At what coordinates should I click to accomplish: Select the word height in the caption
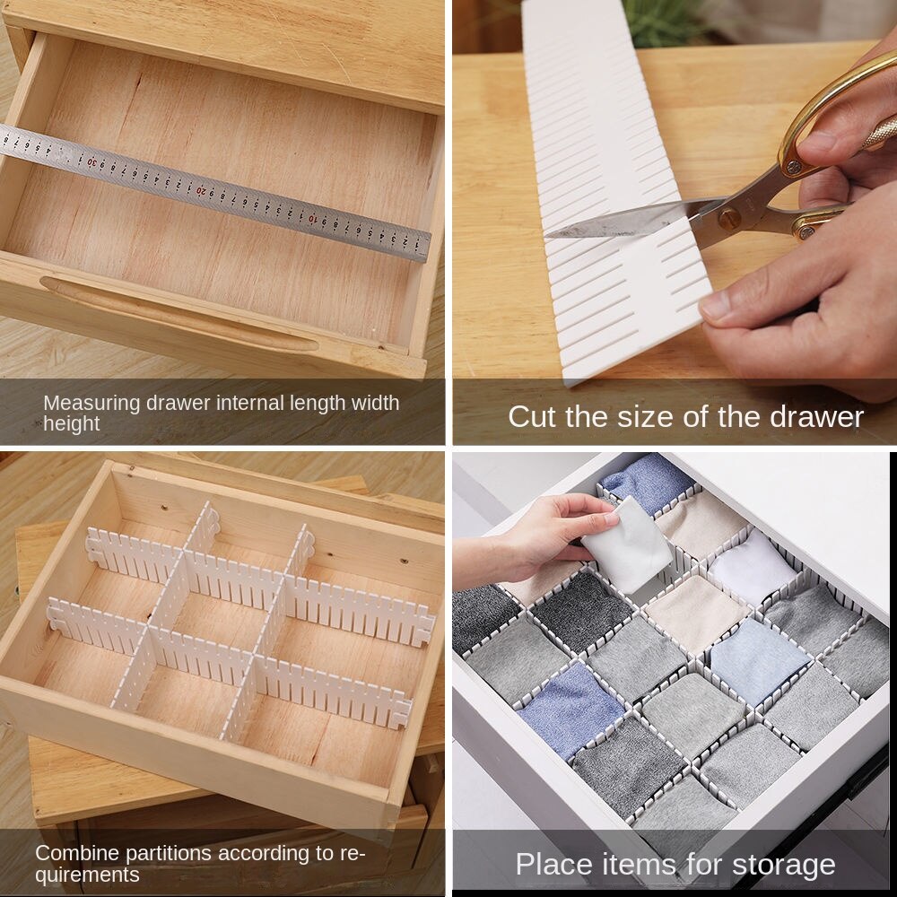(x=72, y=423)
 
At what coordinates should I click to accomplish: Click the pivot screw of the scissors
(x=728, y=216)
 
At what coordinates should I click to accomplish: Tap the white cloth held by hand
(x=628, y=547)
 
